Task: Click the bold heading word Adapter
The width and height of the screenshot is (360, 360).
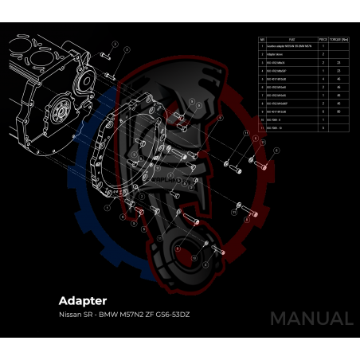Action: (83, 301)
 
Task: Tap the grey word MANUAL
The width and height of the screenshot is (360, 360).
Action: (311, 319)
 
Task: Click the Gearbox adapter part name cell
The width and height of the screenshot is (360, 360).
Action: (291, 46)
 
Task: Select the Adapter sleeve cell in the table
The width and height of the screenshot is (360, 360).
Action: (280, 54)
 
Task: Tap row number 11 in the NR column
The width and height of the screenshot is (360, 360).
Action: (262, 127)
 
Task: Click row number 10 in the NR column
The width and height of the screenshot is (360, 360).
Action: (262, 119)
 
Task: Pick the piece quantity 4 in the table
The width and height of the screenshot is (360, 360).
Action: (323, 78)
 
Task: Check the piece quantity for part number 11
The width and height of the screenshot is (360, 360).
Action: (323, 127)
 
